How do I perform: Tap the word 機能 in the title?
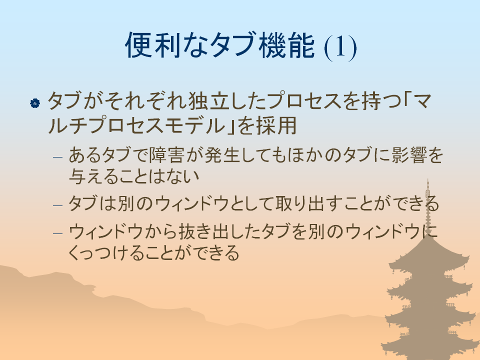(286, 45)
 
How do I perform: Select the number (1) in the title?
(340, 47)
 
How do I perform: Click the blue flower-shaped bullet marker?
(35, 103)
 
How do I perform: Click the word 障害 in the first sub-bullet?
(166, 154)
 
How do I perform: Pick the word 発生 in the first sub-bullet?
(222, 154)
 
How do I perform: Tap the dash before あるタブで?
(57, 157)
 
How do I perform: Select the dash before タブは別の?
(57, 205)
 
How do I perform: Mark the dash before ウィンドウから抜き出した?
(57, 233)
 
